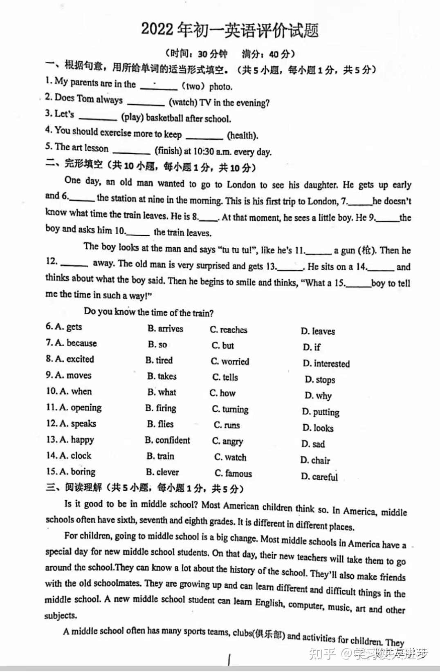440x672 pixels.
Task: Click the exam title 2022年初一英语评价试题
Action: coord(229,30)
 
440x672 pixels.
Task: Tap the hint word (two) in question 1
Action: coord(193,86)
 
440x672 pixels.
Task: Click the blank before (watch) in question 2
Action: coord(146,102)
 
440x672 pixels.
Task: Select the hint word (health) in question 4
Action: coord(242,135)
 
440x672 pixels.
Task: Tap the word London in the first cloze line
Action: coord(242,185)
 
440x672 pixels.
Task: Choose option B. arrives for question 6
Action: coord(165,329)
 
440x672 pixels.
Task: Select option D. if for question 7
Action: coord(312,347)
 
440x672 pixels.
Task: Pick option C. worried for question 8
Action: coord(230,361)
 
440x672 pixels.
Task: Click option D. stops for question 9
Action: coord(320,380)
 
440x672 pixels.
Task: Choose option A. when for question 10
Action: coord(76,391)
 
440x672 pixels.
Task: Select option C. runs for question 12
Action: coord(227,425)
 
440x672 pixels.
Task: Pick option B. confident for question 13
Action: coord(167,440)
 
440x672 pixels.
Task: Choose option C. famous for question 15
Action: coord(233,473)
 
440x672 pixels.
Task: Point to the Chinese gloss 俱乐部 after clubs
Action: coord(268,634)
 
